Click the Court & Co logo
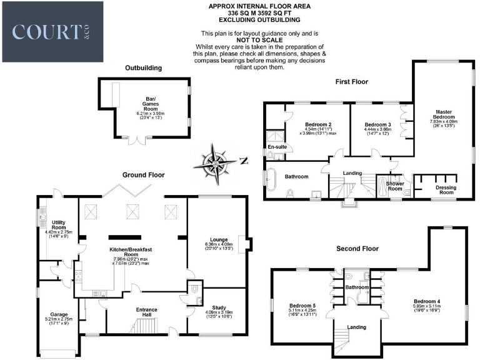[52, 31]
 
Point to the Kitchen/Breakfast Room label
[131, 252]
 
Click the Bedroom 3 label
[377, 125]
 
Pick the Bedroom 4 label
[427, 301]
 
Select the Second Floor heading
[357, 248]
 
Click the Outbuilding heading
[143, 67]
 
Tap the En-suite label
[276, 147]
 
